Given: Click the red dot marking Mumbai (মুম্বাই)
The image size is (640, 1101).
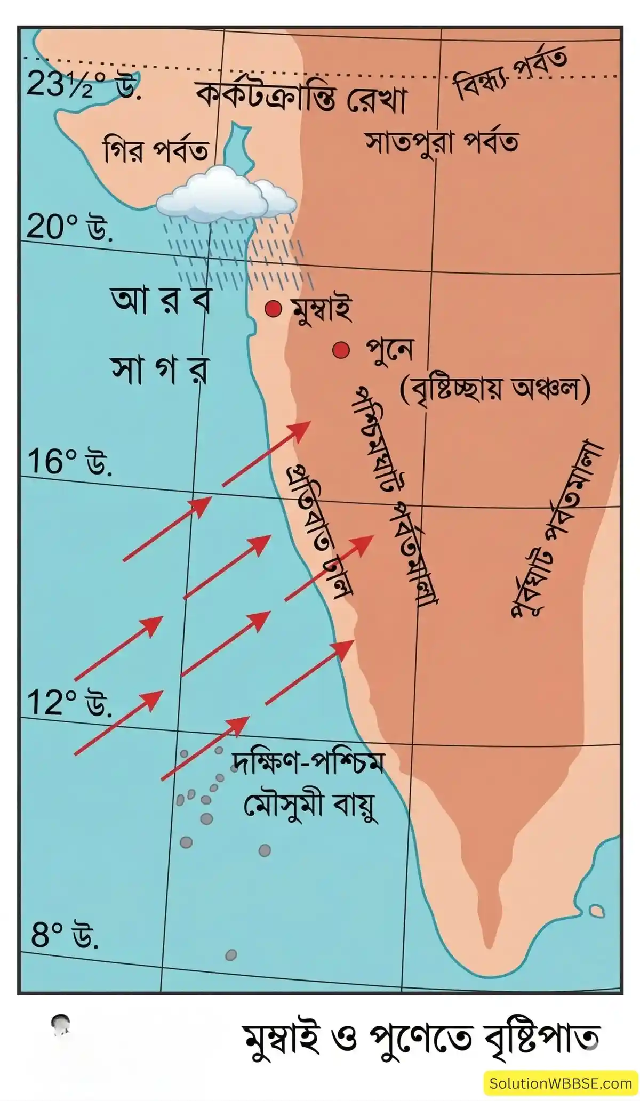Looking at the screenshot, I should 273,309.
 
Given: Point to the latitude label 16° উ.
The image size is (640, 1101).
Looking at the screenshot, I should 69,462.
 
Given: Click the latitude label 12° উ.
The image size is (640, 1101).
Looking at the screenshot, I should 69,703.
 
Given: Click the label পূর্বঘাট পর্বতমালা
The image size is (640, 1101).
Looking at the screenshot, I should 555,528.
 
